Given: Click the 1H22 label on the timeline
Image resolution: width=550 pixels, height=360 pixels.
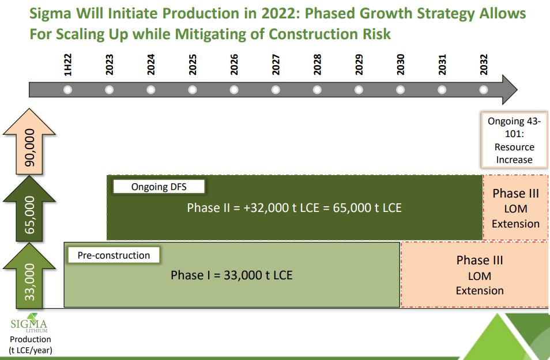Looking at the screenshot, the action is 67,65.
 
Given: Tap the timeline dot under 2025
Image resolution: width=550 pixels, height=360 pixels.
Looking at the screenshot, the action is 192,90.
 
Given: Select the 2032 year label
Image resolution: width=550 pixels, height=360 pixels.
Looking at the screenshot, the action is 484,65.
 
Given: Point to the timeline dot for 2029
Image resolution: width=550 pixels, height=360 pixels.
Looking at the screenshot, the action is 359,90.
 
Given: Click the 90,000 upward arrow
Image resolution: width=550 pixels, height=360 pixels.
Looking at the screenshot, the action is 29,142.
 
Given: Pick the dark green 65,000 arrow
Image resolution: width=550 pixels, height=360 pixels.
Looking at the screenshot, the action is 29,209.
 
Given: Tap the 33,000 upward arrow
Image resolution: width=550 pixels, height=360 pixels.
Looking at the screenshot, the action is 29,276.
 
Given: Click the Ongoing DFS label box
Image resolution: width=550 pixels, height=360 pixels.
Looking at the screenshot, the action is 159,187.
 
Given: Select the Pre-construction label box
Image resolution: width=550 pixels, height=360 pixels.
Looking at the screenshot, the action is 114,255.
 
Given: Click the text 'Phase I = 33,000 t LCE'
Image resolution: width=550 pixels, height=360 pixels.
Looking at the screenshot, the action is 232,275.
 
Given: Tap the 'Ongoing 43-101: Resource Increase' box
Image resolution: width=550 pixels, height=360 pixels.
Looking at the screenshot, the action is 514,140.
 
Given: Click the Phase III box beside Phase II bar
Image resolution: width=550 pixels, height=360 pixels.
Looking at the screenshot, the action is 515,208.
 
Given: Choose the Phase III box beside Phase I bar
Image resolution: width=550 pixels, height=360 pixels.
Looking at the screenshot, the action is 474,275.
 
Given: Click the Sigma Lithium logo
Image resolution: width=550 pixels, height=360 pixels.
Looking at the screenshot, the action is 29,323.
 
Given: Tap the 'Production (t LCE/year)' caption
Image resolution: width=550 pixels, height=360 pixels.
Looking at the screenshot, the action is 31,344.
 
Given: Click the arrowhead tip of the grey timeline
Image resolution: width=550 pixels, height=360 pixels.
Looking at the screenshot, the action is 517,90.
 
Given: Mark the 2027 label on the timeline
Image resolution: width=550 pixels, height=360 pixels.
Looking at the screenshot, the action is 276,65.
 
